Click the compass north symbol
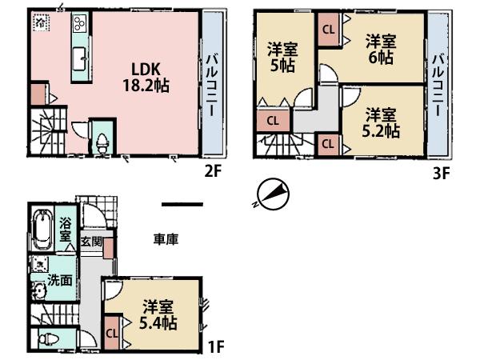pos(272,194)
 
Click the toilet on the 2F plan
pos(102,141)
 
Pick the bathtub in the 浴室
pos(42,231)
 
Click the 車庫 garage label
pos(166,238)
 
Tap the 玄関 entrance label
pos(90,241)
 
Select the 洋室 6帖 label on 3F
pos(379,48)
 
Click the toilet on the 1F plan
pos(49,338)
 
